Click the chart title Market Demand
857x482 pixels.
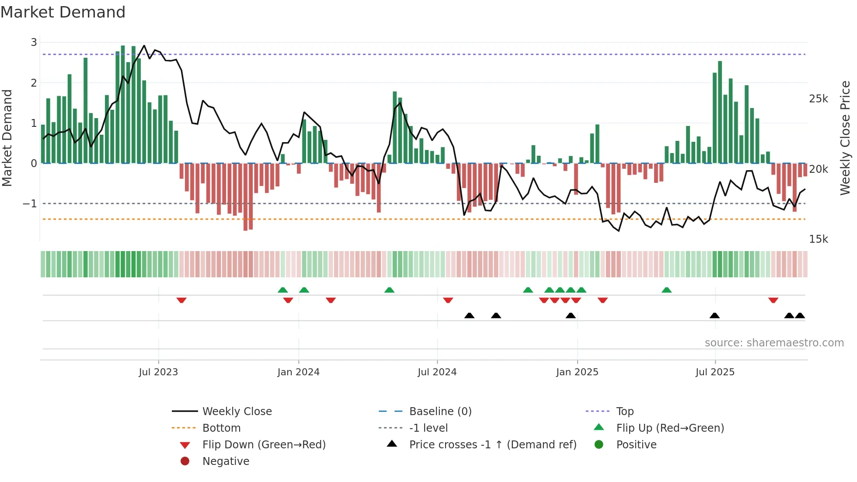tap(63, 12)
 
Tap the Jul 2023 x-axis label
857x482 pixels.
tap(158, 372)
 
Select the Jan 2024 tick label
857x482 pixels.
tap(298, 372)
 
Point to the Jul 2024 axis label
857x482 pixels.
tap(437, 372)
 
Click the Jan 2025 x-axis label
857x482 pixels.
tap(577, 372)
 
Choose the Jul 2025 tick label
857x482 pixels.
tap(715, 372)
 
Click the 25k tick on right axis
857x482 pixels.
tap(819, 99)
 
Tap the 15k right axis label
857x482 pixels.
tap(819, 239)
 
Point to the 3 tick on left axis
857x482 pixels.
tap(34, 42)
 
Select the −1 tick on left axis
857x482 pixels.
tap(30, 204)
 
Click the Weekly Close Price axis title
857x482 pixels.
tap(845, 138)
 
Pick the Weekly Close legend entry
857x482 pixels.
tap(237, 412)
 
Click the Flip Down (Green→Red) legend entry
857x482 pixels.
tap(264, 445)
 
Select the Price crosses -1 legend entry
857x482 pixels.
tap(492, 445)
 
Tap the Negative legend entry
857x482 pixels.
tap(226, 461)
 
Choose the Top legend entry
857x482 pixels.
tap(624, 412)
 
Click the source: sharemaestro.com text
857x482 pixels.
tap(774, 343)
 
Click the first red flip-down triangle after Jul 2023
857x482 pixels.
tap(181, 300)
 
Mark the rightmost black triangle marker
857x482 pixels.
tap(800, 315)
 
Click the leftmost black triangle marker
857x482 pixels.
tap(469, 315)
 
